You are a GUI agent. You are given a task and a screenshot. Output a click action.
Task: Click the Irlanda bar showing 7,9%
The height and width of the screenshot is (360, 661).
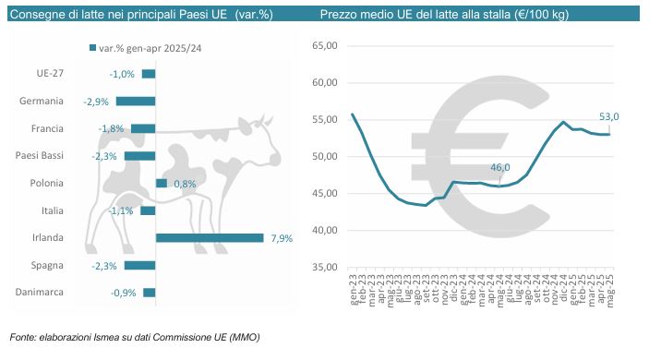[210, 238]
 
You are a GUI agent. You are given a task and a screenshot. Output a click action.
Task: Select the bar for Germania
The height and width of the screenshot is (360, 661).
[136, 102]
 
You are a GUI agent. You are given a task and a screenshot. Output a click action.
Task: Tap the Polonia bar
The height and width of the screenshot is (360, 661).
[162, 184]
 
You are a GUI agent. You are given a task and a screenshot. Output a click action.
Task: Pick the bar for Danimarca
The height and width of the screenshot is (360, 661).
[150, 293]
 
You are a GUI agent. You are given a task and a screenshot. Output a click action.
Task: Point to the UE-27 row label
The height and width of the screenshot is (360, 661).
[50, 73]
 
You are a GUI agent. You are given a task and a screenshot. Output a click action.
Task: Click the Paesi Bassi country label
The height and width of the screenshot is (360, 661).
[40, 156]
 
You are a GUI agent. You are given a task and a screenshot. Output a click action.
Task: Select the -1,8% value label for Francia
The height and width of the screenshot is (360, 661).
[111, 128]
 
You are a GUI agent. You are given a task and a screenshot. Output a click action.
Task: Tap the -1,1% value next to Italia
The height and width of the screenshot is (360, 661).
[121, 210]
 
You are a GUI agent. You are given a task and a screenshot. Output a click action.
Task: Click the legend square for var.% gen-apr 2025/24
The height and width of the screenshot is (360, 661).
[92, 48]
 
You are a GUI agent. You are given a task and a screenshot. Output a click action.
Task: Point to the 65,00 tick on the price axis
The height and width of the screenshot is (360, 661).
[325, 45]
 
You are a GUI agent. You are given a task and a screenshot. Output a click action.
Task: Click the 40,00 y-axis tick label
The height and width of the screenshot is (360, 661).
[325, 230]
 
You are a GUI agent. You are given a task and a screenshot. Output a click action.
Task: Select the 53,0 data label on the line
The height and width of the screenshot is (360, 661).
[609, 116]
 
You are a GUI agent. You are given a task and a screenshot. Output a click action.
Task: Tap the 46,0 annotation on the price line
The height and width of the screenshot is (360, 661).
[500, 167]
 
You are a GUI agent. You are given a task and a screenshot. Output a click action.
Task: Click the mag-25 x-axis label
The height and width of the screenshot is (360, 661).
[609, 289]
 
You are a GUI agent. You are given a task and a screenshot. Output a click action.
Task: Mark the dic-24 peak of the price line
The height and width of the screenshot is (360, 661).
[564, 122]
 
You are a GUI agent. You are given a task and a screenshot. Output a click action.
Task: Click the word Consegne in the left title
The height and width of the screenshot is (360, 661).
[35, 15]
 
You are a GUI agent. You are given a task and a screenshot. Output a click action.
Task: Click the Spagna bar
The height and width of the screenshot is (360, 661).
[140, 266]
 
